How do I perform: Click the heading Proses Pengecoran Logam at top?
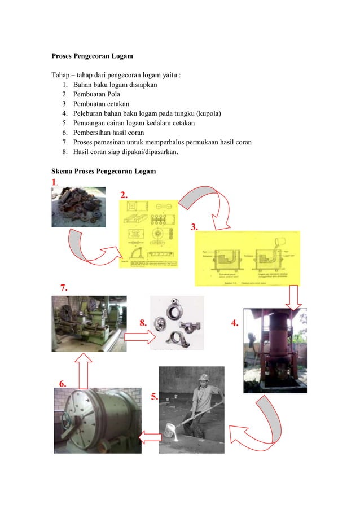point(93,56)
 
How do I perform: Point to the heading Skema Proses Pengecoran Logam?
point(104,171)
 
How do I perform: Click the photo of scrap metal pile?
point(78,207)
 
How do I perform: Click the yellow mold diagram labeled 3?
point(247,258)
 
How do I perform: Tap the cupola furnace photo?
point(275,350)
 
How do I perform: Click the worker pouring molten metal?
point(191,410)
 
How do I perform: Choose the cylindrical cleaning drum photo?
point(98,420)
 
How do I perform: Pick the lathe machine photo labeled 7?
point(89,323)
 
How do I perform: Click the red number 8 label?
point(143,323)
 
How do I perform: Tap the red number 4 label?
point(235,323)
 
